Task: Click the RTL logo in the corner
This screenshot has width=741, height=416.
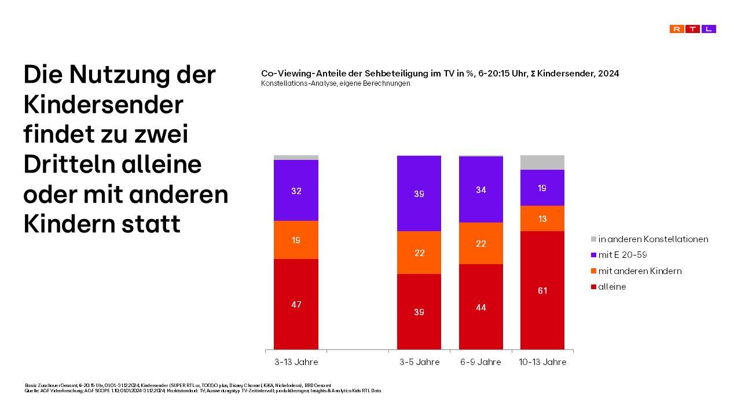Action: pyautogui.click(x=692, y=29)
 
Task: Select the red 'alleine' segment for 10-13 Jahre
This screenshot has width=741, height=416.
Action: pyautogui.click(x=542, y=290)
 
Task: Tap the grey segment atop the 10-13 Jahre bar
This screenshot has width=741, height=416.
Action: pyautogui.click(x=542, y=162)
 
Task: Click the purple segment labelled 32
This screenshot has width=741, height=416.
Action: pyautogui.click(x=296, y=190)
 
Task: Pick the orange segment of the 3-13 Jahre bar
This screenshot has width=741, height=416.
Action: pyautogui.click(x=296, y=239)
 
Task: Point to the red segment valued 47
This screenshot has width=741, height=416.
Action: pyautogui.click(x=296, y=304)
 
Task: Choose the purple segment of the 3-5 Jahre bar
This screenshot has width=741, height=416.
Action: pyautogui.click(x=419, y=193)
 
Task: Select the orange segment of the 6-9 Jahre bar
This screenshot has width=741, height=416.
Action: pyautogui.click(x=480, y=243)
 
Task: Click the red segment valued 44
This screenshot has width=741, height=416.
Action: pyautogui.click(x=480, y=306)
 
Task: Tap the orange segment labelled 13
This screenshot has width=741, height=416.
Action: pyautogui.click(x=542, y=218)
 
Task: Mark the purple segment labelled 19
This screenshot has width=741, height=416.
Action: pyautogui.click(x=542, y=188)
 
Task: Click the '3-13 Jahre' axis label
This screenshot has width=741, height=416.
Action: pyautogui.click(x=296, y=362)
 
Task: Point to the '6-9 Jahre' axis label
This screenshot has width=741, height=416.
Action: pyautogui.click(x=480, y=362)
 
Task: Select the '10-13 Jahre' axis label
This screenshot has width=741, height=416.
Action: pyautogui.click(x=542, y=362)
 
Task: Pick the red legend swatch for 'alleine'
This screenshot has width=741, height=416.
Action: pyautogui.click(x=593, y=287)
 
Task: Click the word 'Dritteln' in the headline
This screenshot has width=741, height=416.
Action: pyautogui.click(x=68, y=165)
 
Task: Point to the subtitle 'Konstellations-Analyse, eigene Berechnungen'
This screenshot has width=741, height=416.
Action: pyautogui.click(x=335, y=83)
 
